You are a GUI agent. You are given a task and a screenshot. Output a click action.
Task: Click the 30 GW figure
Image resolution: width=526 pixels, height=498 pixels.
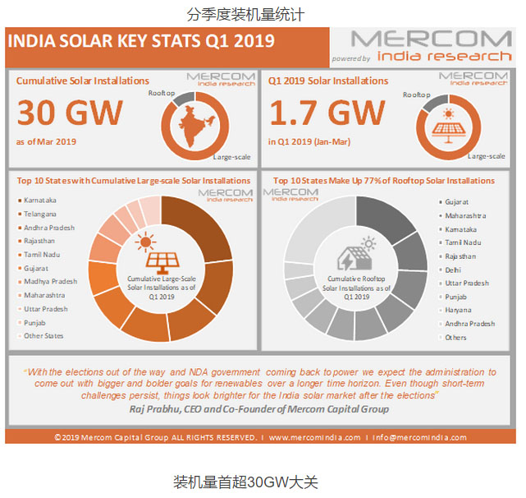pyautogui.click(x=70, y=113)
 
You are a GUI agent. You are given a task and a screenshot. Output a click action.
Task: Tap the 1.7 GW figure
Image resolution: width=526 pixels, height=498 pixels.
pyautogui.click(x=327, y=113)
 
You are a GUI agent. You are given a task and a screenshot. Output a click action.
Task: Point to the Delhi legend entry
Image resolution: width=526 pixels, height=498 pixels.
pyautogui.click(x=454, y=270)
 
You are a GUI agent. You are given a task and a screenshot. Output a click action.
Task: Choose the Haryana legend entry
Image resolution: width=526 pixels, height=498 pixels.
pyautogui.click(x=459, y=311)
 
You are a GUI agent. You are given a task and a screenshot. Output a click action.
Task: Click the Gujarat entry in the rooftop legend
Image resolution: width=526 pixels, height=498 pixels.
pyautogui.click(x=457, y=201)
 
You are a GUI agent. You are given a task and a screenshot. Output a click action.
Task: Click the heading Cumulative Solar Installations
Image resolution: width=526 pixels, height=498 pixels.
pyautogui.click(x=83, y=81)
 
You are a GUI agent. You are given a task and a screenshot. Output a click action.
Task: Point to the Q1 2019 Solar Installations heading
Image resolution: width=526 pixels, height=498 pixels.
pyautogui.click(x=328, y=81)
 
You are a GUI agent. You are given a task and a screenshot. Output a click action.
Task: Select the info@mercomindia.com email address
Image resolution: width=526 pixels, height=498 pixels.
pyautogui.click(x=419, y=437)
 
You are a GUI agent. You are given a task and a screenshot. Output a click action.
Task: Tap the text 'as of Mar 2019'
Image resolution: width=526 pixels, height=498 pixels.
pyautogui.click(x=46, y=141)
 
